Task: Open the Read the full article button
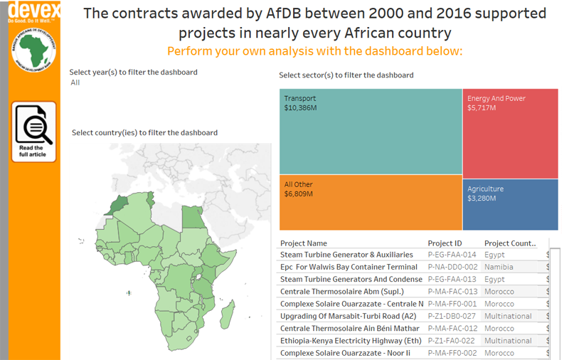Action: pos(33,132)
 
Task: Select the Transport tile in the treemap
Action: pos(370,132)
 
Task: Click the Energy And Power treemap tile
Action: pos(511,132)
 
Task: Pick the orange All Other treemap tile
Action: pos(370,203)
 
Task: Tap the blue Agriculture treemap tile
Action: pos(511,204)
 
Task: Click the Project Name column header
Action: pos(304,243)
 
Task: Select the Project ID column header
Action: pos(445,243)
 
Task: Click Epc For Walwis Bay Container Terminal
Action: pos(349,267)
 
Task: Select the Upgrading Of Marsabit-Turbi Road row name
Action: pos(348,316)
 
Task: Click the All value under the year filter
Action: pos(75,83)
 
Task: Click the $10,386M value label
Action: pos(300,108)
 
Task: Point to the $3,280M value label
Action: pos(484,198)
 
